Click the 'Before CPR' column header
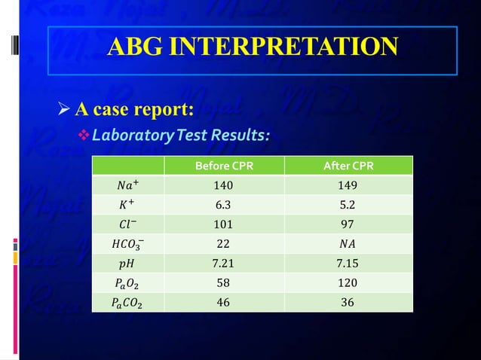pos(223,166)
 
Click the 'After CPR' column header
pos(348,166)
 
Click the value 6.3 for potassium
pos(223,204)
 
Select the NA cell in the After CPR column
pos(348,243)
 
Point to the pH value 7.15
pos(348,263)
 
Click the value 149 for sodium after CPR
pos(348,185)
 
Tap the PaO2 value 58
pos(223,282)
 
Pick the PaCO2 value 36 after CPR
pos(348,302)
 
